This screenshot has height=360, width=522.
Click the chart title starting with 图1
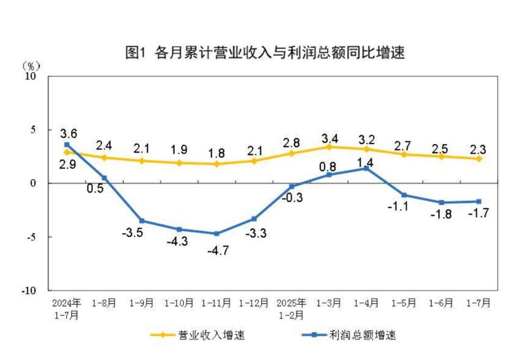[x=265, y=52]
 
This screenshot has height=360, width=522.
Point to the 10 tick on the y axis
[x=31, y=77]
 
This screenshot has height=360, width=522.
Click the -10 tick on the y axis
[x=29, y=290]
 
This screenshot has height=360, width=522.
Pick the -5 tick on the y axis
[x=31, y=236]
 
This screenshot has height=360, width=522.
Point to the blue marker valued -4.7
[x=216, y=233]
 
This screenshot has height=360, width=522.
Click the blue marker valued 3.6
[x=67, y=145]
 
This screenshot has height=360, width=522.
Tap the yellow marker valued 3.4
[x=329, y=147]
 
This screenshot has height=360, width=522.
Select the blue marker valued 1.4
[x=366, y=168]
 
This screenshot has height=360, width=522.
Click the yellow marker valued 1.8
[x=216, y=163]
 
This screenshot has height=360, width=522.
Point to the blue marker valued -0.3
[x=292, y=186]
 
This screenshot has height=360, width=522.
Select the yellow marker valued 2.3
[x=479, y=159]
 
